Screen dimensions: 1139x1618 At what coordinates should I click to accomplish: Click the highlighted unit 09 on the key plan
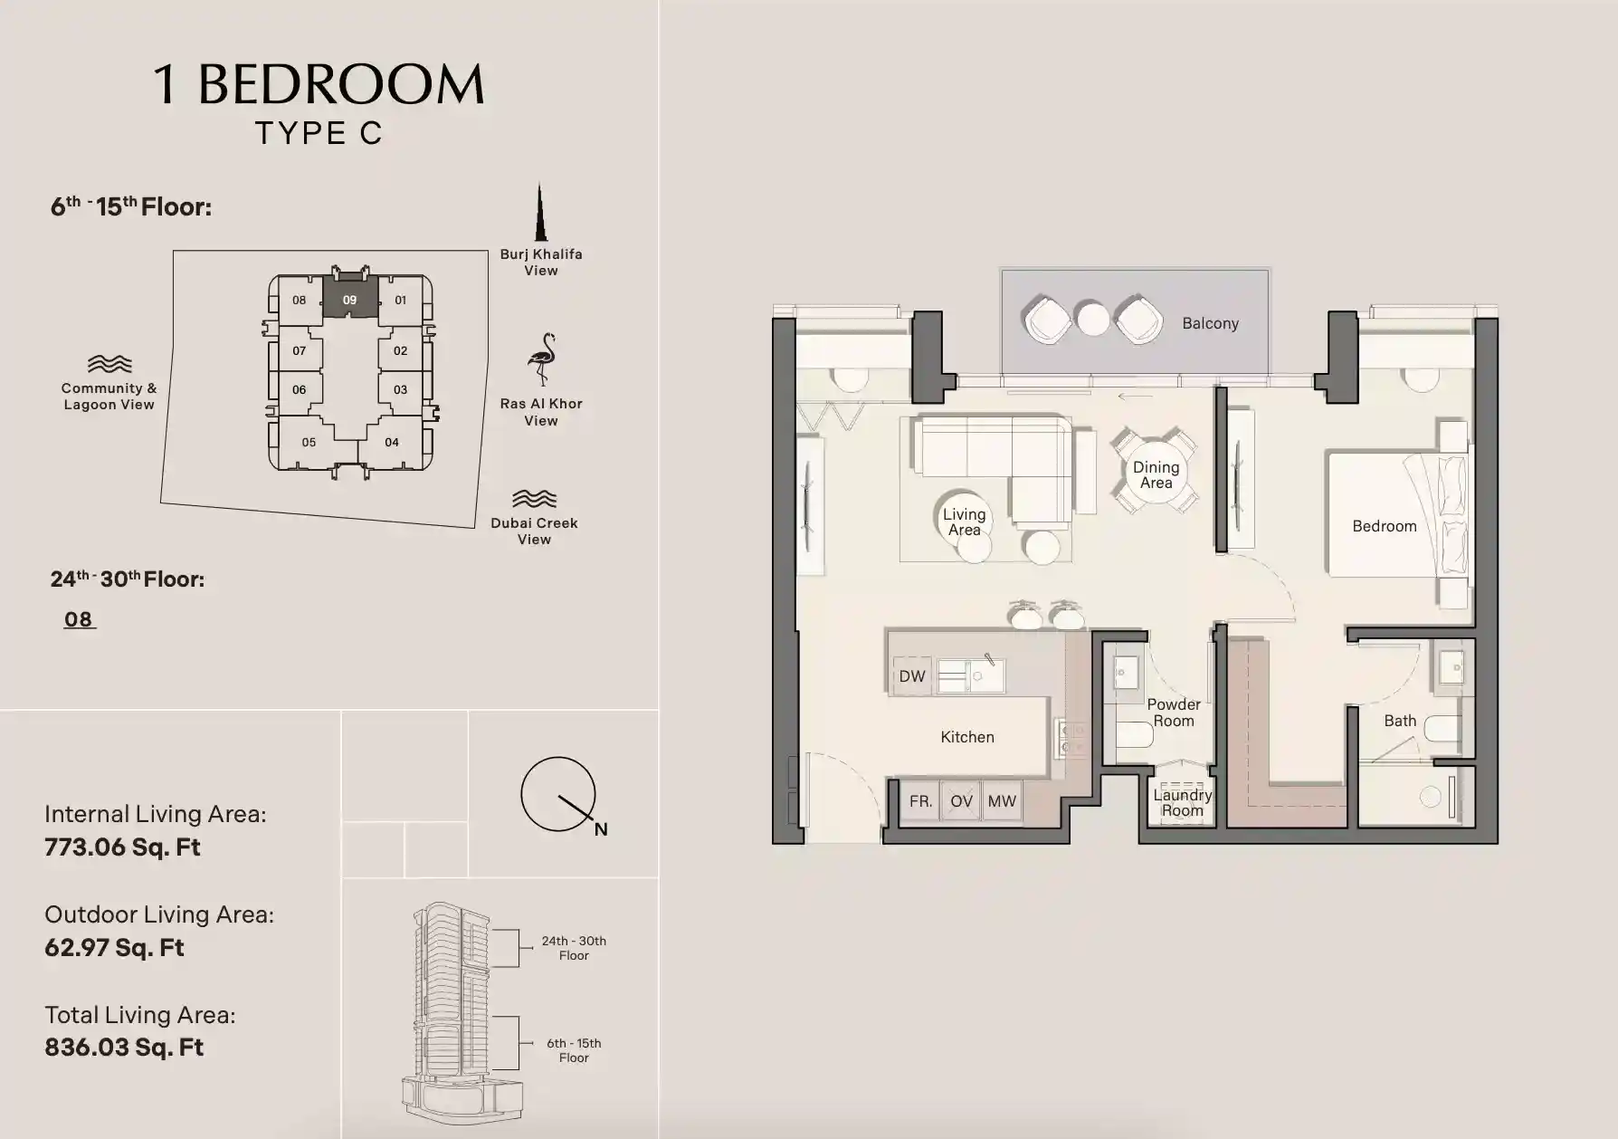coord(349,300)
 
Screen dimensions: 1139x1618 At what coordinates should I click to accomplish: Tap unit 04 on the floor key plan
coord(391,443)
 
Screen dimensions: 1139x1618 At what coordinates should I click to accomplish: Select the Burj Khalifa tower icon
coord(540,214)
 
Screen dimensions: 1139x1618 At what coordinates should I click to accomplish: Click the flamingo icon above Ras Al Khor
coord(541,359)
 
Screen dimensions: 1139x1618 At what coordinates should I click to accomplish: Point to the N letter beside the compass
coord(601,829)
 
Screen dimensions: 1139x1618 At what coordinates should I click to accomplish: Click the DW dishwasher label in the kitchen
coord(912,676)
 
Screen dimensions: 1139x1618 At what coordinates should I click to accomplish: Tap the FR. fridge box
coord(920,801)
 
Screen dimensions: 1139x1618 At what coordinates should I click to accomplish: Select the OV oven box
coord(961,801)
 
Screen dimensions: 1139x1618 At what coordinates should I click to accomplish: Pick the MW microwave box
coord(1002,801)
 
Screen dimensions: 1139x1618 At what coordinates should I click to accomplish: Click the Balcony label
coord(1210,323)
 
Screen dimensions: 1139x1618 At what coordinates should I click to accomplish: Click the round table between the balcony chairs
coord(1093,319)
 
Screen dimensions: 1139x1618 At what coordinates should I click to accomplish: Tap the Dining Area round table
coord(1156,474)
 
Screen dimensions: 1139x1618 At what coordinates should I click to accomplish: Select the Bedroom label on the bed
coord(1384,526)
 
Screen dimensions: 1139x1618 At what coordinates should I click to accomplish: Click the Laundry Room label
coord(1182,802)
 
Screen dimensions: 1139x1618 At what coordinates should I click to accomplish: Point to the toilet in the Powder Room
coord(1133,733)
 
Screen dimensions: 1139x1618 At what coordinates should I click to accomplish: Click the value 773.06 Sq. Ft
coord(122,847)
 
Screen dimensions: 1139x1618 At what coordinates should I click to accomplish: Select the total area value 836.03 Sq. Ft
coord(124,1048)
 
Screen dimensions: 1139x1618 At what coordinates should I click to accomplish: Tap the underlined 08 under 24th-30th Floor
coord(79,619)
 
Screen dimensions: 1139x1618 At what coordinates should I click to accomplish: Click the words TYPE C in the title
coord(319,133)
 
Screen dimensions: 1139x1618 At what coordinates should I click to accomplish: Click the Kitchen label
coord(966,737)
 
